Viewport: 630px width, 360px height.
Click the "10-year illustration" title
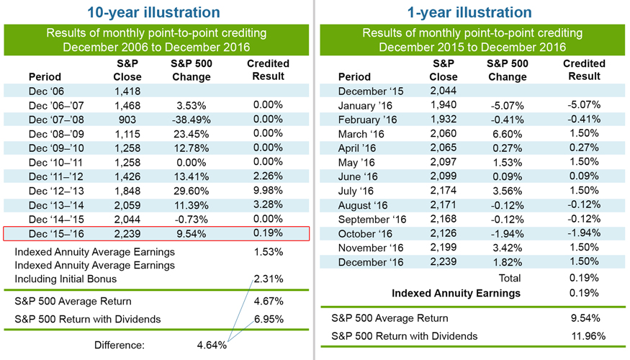153,12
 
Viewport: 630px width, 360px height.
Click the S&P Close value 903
127,119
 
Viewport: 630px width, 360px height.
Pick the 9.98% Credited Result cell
267,190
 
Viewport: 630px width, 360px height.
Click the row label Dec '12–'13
51,190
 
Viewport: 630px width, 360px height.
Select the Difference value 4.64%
212,345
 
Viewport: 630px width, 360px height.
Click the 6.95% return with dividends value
269,319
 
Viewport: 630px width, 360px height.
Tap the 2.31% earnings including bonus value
269,279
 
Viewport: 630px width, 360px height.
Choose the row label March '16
364,133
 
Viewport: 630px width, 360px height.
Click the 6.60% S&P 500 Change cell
507,133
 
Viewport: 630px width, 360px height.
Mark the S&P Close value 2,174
443,191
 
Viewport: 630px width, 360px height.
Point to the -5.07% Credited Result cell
583,104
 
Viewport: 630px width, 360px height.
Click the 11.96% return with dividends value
587,336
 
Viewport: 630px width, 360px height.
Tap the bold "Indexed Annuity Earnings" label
456,293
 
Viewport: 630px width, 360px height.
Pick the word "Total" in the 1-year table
509,277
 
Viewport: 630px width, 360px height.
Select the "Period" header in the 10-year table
45,76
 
